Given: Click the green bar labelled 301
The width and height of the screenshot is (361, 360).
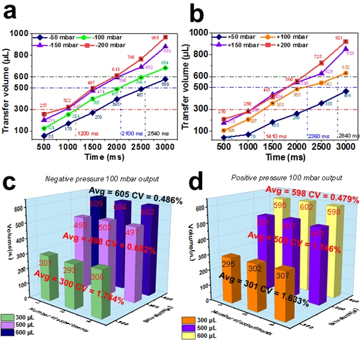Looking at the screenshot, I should [x=48, y=270].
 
